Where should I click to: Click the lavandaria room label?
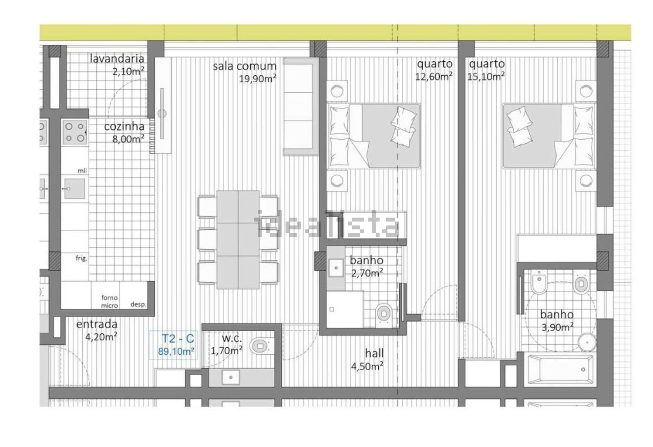(117, 59)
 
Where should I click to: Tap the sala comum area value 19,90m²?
(258, 79)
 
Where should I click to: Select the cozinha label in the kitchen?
(124, 127)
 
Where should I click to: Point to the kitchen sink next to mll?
(74, 188)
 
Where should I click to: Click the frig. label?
(81, 258)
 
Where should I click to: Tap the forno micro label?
(109, 301)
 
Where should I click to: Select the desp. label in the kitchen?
(138, 304)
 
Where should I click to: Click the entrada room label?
(97, 324)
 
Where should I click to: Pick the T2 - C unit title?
(178, 339)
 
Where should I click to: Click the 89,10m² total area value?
(176, 351)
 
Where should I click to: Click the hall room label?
(374, 353)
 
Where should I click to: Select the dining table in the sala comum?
(238, 239)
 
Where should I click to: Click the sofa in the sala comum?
(300, 106)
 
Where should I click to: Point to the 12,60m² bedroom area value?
(434, 77)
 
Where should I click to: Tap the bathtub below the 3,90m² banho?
(560, 370)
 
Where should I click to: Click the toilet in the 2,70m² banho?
(384, 314)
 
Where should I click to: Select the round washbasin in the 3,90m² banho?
(587, 342)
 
